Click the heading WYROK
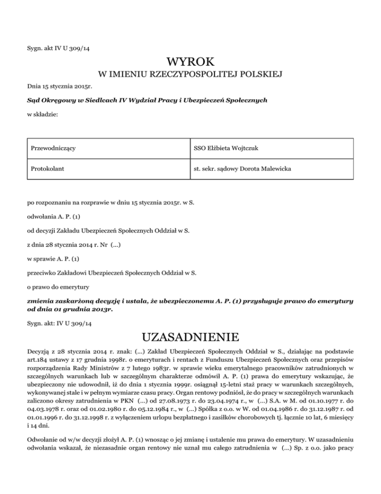190,63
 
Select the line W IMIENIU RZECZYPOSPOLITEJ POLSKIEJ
190,75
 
